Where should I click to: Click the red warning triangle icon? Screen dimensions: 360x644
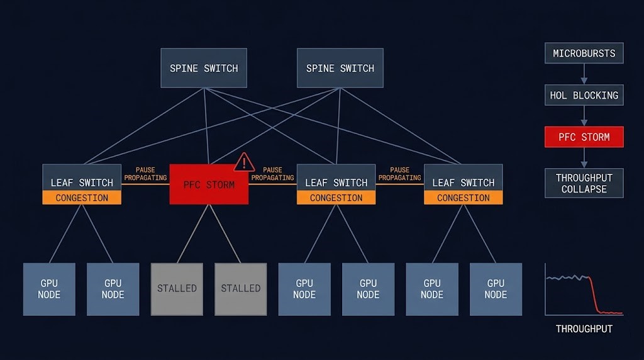(244, 162)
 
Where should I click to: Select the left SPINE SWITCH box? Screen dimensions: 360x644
(204, 68)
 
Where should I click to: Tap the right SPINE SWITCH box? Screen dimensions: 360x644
(340, 68)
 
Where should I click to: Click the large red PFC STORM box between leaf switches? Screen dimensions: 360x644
(209, 185)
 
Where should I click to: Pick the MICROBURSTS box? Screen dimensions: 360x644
(584, 53)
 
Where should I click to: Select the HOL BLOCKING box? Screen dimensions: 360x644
(584, 95)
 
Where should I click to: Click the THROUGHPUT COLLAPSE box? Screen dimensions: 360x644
(584, 183)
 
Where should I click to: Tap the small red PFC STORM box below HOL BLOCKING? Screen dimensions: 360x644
(584, 137)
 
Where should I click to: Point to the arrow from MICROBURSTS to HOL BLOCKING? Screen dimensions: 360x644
(584, 74)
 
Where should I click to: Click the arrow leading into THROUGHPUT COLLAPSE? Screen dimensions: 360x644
(584, 158)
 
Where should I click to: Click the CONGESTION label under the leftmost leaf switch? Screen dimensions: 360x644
(82, 198)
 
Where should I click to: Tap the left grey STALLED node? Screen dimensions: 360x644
(177, 289)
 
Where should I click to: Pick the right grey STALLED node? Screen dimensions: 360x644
(240, 289)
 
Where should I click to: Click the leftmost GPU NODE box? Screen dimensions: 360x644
(49, 289)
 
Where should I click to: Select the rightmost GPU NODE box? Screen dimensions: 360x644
(496, 289)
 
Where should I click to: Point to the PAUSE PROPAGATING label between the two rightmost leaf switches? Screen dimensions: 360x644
(399, 174)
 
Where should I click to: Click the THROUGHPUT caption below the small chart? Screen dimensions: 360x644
(584, 329)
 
